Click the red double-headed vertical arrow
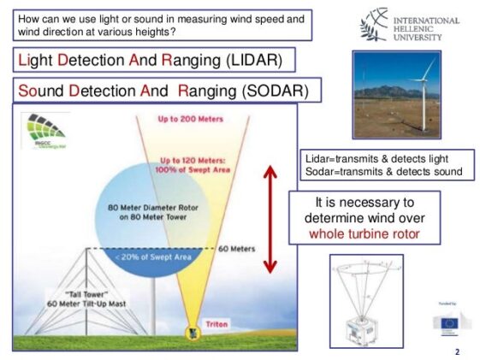(270, 219)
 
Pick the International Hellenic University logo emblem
(375, 27)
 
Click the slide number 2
(456, 351)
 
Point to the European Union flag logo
(447, 322)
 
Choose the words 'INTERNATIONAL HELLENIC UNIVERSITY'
(425, 28)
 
